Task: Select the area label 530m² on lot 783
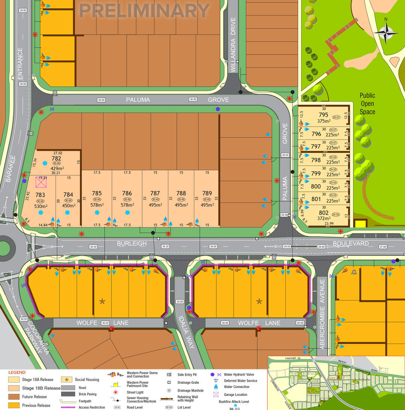click(40, 206)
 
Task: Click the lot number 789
click(207, 193)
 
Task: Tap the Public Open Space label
click(367, 104)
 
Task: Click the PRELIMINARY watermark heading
click(144, 11)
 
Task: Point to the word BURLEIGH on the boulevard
click(132, 244)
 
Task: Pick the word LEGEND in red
click(17, 372)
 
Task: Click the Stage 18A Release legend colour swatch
click(13, 380)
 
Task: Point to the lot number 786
click(127, 193)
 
